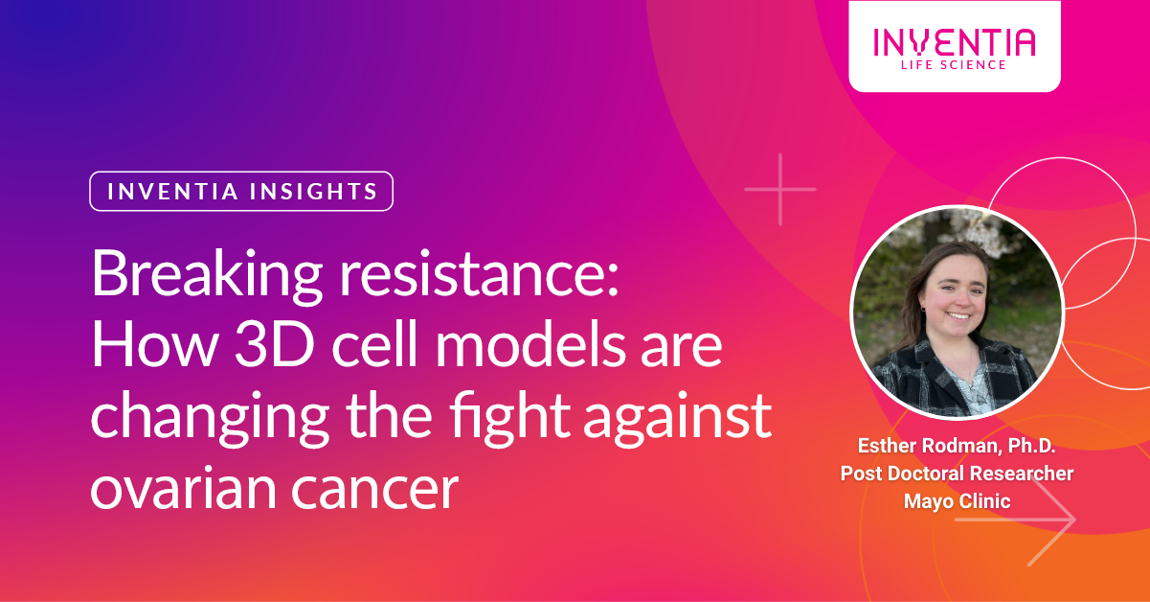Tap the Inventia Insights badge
pos(241,191)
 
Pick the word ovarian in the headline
pos(186,489)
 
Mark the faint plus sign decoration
pos(780,189)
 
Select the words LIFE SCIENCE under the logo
pos(954,64)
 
